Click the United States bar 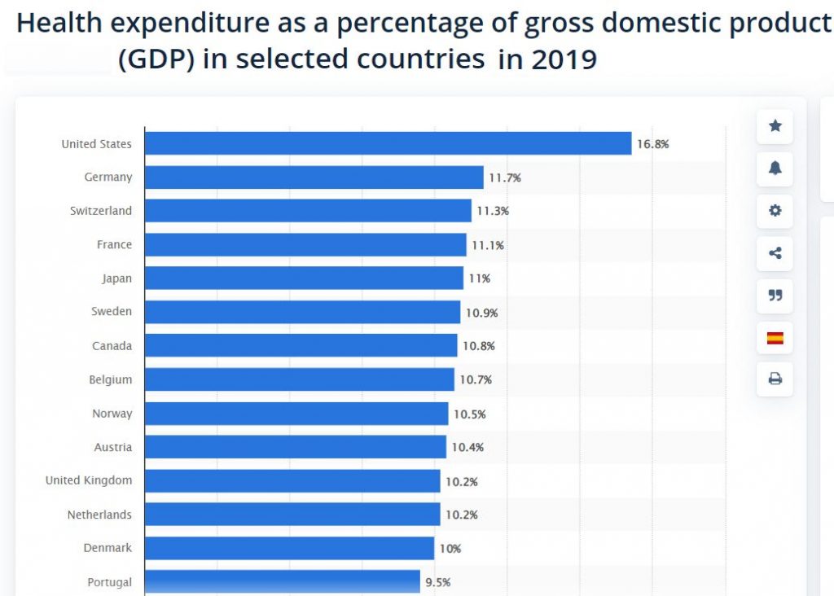pyautogui.click(x=388, y=143)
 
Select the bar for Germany pyautogui.click(x=314, y=177)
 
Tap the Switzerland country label pyautogui.click(x=101, y=211)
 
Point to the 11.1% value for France pyautogui.click(x=487, y=245)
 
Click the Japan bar pyautogui.click(x=304, y=278)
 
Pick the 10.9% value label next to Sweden pyautogui.click(x=481, y=313)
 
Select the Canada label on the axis pyautogui.click(x=112, y=346)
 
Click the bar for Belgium pyautogui.click(x=299, y=379)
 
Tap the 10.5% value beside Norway pyautogui.click(x=469, y=414)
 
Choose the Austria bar pyautogui.click(x=295, y=447)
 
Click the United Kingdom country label pyautogui.click(x=89, y=480)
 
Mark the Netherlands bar pyautogui.click(x=292, y=515)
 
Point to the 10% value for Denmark pyautogui.click(x=450, y=549)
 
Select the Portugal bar pyautogui.click(x=282, y=581)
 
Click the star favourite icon pyautogui.click(x=775, y=126)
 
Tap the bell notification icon pyautogui.click(x=775, y=169)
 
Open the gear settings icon pyautogui.click(x=775, y=211)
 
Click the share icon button pyautogui.click(x=775, y=253)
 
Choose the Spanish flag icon pyautogui.click(x=775, y=337)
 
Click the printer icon pyautogui.click(x=775, y=379)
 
